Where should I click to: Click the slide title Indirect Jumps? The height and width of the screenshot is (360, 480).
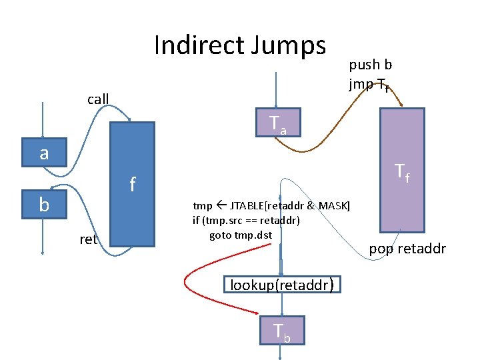[240, 45]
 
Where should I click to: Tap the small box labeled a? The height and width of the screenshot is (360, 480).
[44, 153]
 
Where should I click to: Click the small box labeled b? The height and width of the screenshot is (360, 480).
[44, 205]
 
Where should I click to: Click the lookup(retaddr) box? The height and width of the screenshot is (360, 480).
[281, 285]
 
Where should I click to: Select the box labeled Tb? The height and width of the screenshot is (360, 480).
[281, 330]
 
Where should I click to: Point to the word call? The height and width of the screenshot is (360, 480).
[98, 100]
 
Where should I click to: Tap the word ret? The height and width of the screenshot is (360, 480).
[88, 239]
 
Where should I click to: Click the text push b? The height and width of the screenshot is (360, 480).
[370, 65]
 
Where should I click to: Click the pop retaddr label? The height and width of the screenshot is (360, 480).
[407, 249]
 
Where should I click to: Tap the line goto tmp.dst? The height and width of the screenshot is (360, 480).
[241, 235]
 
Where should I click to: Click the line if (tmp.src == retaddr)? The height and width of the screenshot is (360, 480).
[246, 220]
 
